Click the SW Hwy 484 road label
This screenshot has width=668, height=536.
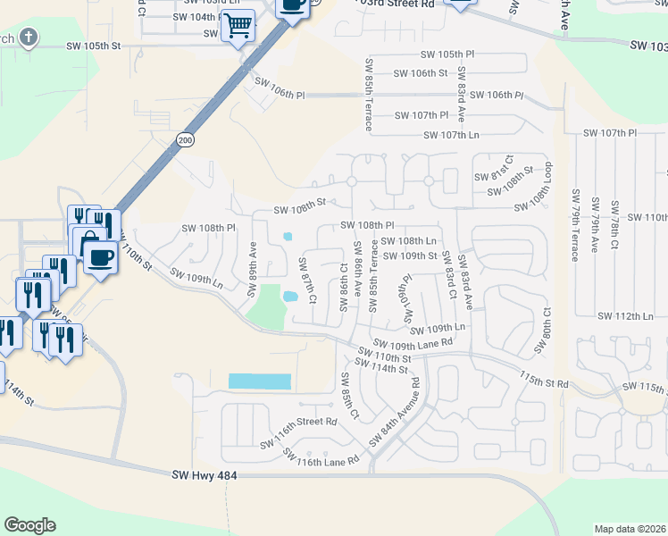[205, 477]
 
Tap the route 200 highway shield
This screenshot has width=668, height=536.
[185, 140]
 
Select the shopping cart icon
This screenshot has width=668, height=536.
[238, 27]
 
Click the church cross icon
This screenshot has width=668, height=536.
[29, 37]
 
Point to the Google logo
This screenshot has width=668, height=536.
[29, 525]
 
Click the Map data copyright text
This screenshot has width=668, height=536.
[630, 529]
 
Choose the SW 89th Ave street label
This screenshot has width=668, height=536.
[254, 261]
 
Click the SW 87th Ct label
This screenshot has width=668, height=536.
[307, 281]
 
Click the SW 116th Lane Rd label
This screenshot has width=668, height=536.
[321, 456]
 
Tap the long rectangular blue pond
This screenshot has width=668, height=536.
[259, 381]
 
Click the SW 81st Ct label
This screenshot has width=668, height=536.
[492, 165]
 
